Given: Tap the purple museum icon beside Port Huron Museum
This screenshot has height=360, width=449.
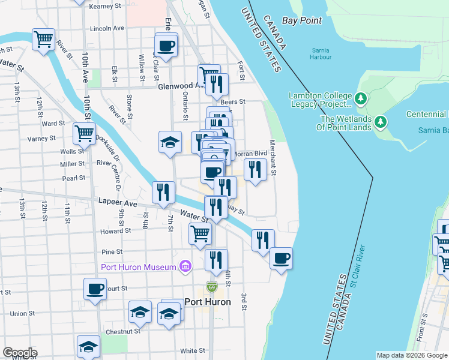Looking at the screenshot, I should [185, 266].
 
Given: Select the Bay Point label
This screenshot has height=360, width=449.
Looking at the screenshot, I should [302, 20].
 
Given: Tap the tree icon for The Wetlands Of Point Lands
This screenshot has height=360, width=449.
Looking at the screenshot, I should [380, 122].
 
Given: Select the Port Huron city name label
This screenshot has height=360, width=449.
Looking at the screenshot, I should [207, 302].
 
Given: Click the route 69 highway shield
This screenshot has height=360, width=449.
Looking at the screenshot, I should [211, 288].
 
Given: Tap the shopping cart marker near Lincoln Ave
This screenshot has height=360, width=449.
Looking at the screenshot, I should [44, 40].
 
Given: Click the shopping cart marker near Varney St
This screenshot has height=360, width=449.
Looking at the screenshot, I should [84, 133].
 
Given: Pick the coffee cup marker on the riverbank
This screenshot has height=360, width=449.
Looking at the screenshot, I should [281, 258].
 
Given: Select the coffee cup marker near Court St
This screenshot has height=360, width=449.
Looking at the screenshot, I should [95, 289].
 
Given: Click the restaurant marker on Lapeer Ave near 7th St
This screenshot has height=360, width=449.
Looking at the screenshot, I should [163, 192].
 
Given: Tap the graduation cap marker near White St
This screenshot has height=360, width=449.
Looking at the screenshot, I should [88, 346].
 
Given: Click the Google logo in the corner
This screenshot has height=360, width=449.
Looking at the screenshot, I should [20, 353].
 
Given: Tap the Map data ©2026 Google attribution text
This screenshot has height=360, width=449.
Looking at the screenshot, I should [411, 355].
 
